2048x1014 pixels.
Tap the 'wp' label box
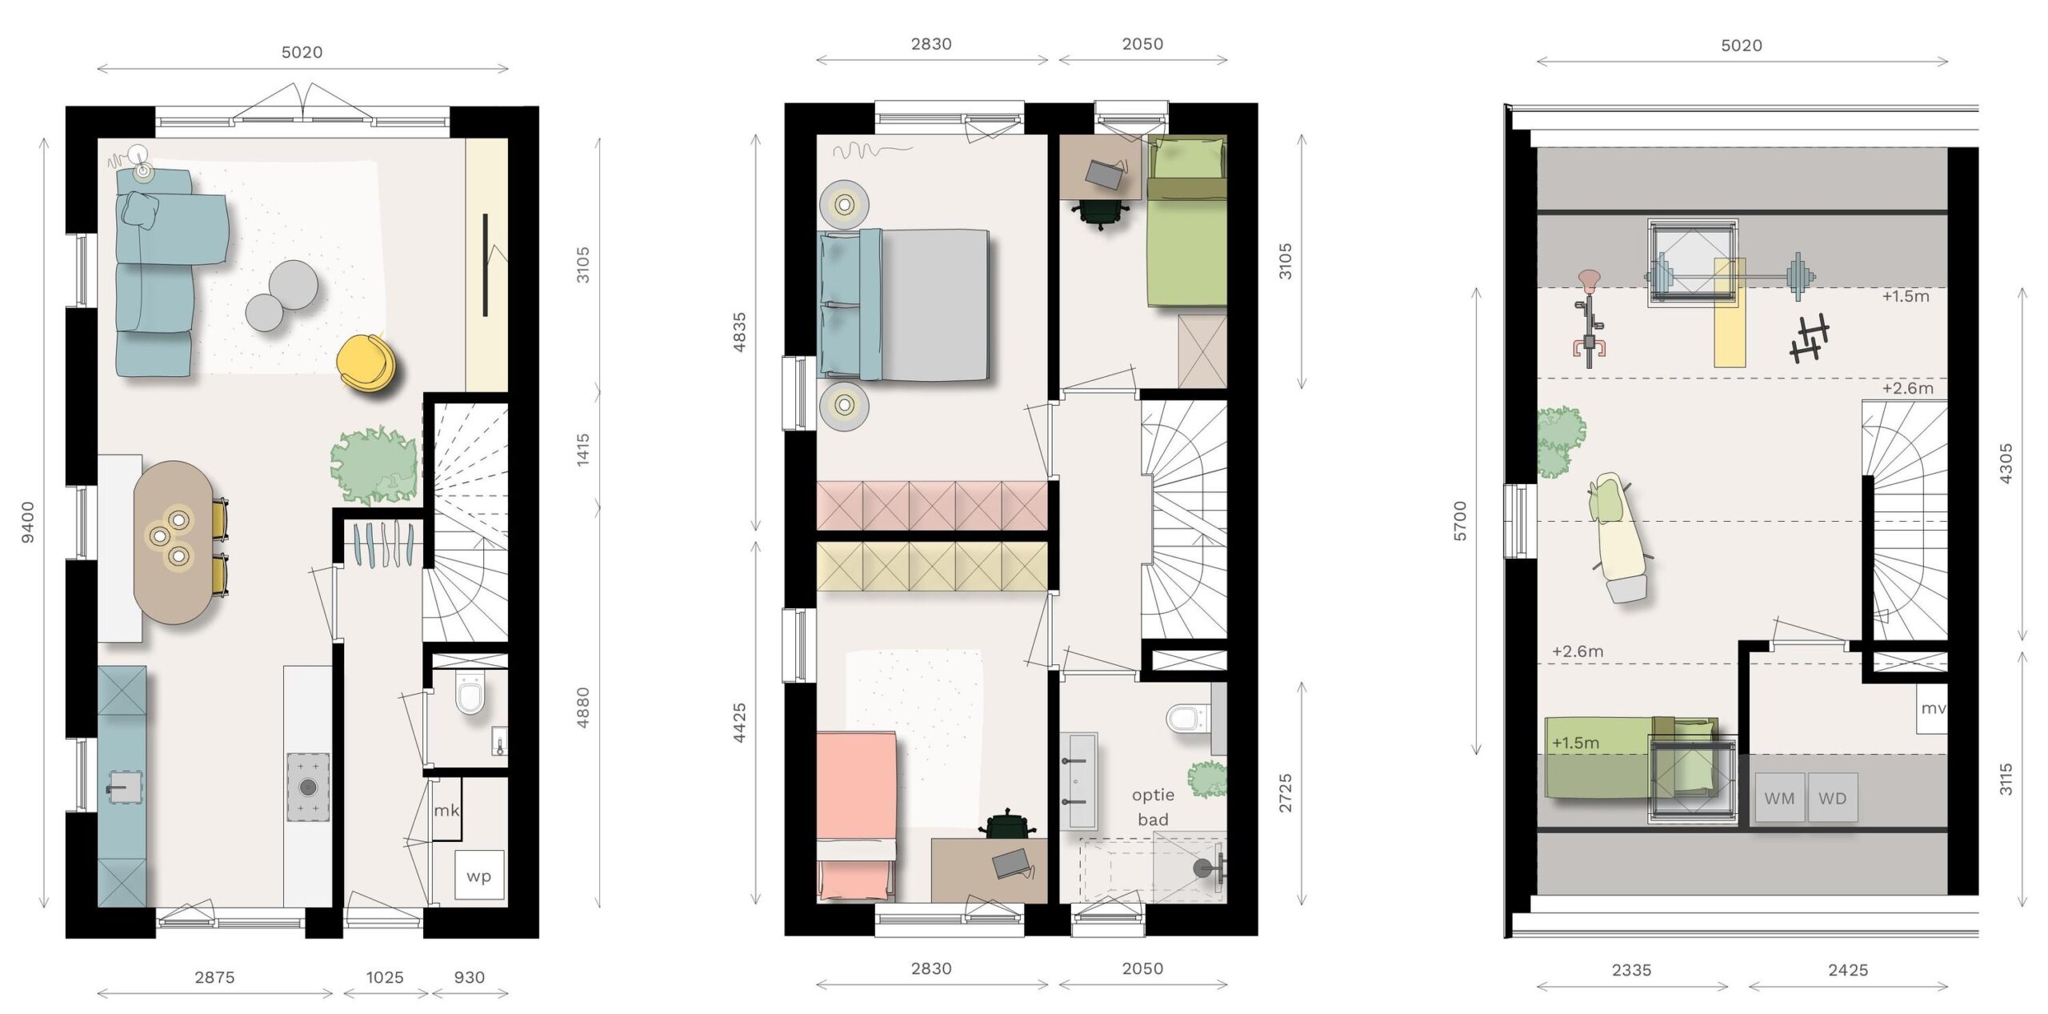(x=479, y=876)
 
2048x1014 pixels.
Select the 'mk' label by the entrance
(x=446, y=810)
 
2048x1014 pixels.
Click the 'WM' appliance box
(x=1780, y=798)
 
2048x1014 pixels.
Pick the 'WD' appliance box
(x=1833, y=798)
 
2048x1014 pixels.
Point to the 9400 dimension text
(x=28, y=522)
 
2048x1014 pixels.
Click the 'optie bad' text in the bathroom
(x=1153, y=807)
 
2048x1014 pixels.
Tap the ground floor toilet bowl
(x=470, y=693)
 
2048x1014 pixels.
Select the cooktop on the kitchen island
(x=308, y=787)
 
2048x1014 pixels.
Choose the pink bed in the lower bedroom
(x=856, y=816)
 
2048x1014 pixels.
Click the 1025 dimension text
(x=385, y=977)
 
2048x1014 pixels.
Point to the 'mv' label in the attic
(x=1933, y=708)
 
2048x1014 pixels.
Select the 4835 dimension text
(x=739, y=332)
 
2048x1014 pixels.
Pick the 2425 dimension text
(x=1848, y=970)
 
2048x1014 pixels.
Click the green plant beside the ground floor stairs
(x=374, y=466)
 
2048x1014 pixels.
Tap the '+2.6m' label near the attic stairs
(x=1907, y=388)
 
